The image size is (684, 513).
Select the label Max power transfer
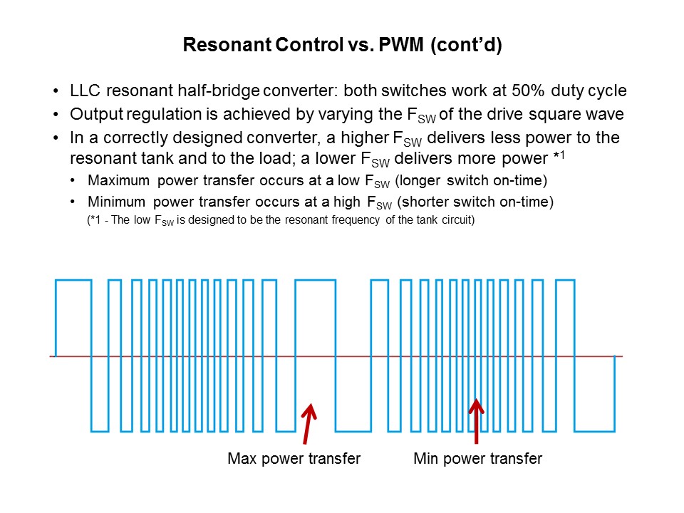[294, 458]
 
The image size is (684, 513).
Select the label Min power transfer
[477, 458]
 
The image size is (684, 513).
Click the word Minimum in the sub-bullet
[116, 202]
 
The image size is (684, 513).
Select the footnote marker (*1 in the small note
[94, 220]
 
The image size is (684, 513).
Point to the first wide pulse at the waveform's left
[73, 281]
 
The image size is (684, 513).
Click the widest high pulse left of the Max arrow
[315, 281]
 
